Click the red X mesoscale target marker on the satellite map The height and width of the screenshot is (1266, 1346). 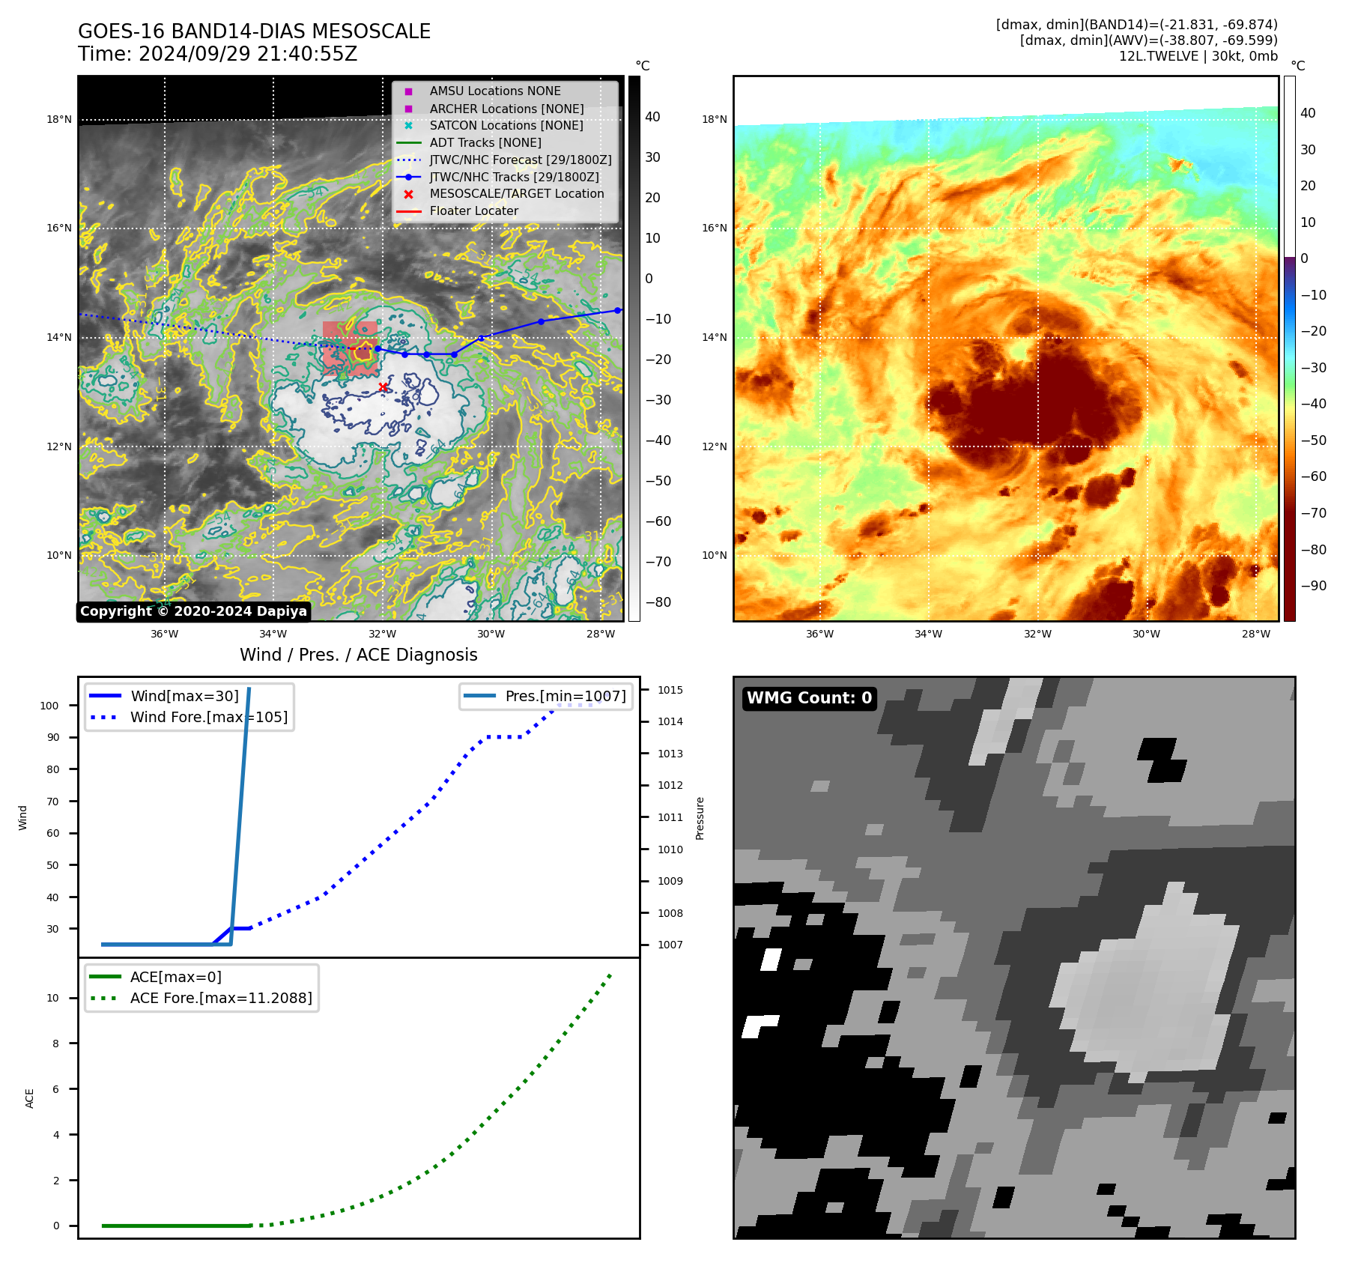[383, 387]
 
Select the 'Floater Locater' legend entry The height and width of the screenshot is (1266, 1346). [473, 211]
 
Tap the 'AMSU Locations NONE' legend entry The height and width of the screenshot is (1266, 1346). [494, 91]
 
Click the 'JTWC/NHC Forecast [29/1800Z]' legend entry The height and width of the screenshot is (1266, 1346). [520, 160]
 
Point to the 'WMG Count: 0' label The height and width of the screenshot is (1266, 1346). [809, 698]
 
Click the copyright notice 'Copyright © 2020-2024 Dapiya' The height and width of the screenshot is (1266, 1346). [193, 611]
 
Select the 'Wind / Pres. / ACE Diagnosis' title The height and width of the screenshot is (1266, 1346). [358, 655]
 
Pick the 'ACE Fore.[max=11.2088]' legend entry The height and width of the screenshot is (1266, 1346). [220, 998]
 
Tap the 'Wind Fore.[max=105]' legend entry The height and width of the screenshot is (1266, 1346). [208, 717]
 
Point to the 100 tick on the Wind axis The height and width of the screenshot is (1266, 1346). [49, 706]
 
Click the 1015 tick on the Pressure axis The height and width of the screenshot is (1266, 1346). [670, 690]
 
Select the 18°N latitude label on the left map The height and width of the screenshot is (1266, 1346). [59, 120]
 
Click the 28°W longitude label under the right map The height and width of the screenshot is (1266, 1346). [1255, 634]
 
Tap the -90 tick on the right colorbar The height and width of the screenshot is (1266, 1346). [1313, 586]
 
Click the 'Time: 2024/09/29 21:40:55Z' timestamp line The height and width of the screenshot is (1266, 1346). [217, 54]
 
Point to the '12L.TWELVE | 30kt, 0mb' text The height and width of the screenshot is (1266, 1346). [1198, 56]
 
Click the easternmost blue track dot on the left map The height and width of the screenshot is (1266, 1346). [617, 310]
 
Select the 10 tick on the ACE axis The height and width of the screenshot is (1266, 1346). [52, 998]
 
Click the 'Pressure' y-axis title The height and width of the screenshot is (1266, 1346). [700, 818]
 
